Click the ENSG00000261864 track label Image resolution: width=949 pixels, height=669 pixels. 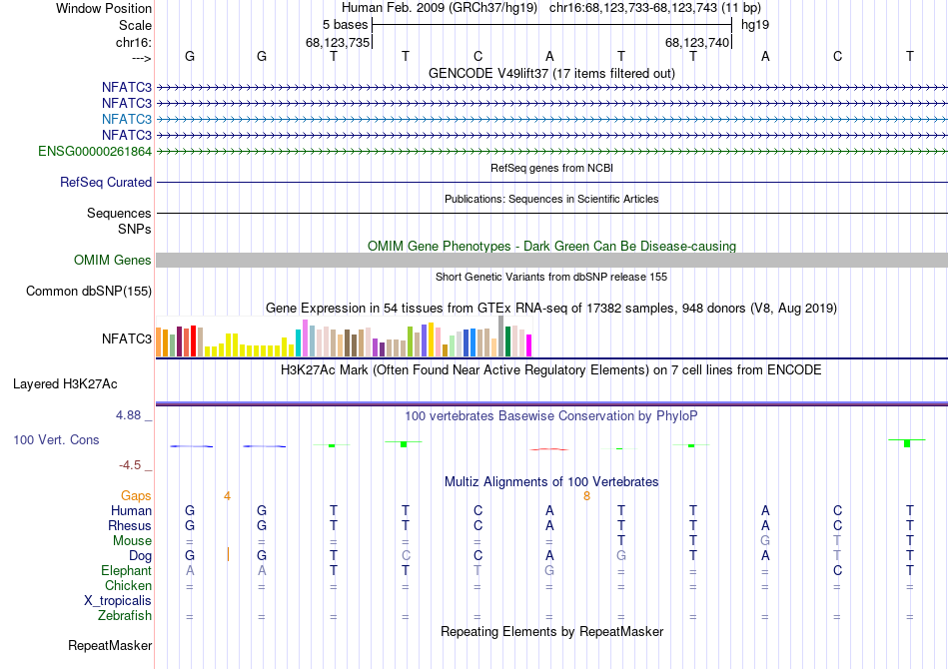(95, 152)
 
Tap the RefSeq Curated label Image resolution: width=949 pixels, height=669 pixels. (106, 183)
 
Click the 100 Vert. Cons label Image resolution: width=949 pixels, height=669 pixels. (56, 440)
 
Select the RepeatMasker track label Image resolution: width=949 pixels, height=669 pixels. (109, 646)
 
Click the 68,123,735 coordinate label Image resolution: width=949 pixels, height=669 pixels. (338, 42)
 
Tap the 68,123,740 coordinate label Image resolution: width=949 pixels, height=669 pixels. (698, 42)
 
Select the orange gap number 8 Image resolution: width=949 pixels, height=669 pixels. (586, 495)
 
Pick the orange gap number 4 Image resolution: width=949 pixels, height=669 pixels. (227, 495)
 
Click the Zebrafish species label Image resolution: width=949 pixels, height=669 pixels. (125, 616)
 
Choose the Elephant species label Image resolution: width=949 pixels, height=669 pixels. (126, 571)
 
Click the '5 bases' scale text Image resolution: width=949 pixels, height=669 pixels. (346, 24)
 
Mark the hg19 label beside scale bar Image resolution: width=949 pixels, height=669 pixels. (754, 24)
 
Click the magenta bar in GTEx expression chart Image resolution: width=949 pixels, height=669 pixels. (528, 345)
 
